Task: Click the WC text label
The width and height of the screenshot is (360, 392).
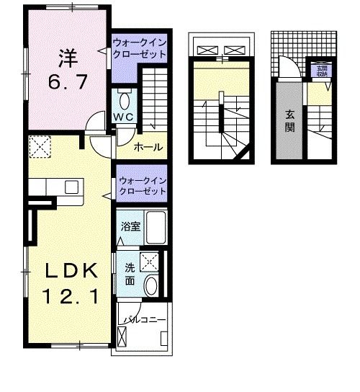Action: click(122, 117)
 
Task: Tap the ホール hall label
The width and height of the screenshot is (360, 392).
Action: click(148, 147)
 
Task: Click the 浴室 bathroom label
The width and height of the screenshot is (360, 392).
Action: click(130, 227)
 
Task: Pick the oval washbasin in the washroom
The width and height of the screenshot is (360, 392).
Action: click(151, 287)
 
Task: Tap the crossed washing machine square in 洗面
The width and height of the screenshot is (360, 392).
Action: click(150, 262)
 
